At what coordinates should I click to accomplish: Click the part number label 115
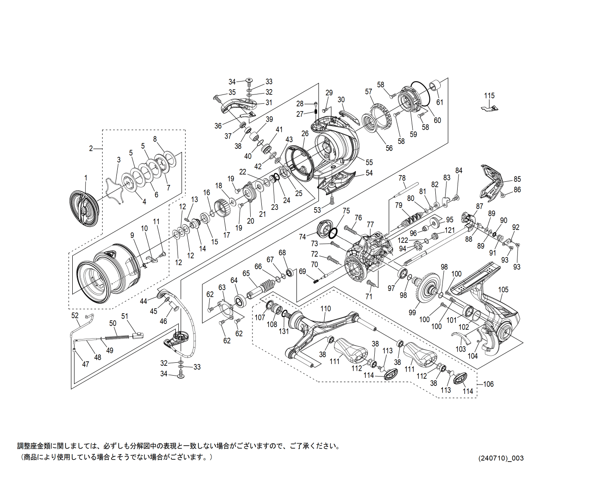pyautogui.click(x=489, y=96)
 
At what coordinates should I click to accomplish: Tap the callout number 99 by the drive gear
pyautogui.click(x=412, y=313)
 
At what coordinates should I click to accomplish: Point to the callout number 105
pyautogui.click(x=503, y=290)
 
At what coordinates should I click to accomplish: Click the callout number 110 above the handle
pyautogui.click(x=326, y=308)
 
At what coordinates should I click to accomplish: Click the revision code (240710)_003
pyautogui.click(x=501, y=458)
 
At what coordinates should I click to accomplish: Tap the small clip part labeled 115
pyautogui.click(x=490, y=107)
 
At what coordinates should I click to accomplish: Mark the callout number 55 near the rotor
pyautogui.click(x=369, y=162)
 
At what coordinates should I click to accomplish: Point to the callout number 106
pyautogui.click(x=488, y=384)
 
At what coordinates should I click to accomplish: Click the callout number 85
pyautogui.click(x=517, y=179)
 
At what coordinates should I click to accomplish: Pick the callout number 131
pyautogui.click(x=284, y=331)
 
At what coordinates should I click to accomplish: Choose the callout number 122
pyautogui.click(x=403, y=240)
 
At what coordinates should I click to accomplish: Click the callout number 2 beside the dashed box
pyautogui.click(x=91, y=148)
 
